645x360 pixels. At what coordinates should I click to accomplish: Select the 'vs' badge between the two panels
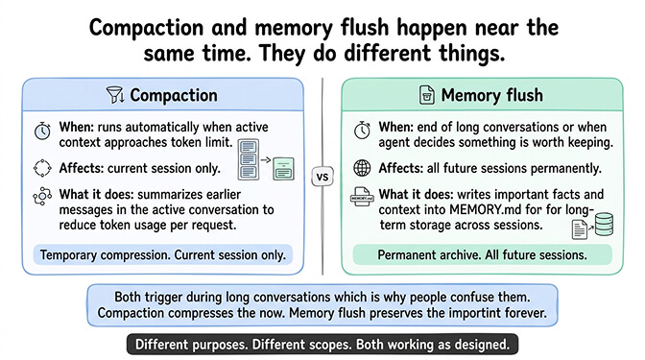click(x=322, y=178)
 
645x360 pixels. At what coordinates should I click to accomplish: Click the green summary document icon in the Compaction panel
click(x=283, y=170)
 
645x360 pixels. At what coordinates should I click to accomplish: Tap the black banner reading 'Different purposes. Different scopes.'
click(x=322, y=344)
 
